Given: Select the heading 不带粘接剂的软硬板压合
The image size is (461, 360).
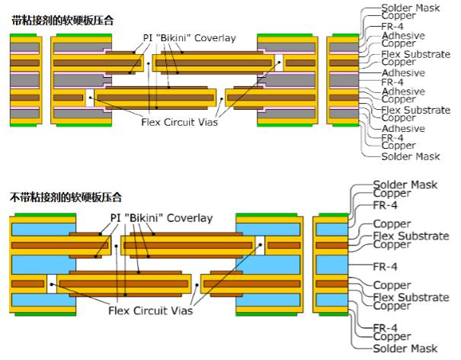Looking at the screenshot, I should tap(67, 197).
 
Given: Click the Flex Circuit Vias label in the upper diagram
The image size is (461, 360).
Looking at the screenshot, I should tap(178, 122).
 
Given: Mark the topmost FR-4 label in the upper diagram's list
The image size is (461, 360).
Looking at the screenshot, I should tap(393, 26).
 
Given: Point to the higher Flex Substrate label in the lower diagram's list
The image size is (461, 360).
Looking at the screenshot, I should tap(411, 236).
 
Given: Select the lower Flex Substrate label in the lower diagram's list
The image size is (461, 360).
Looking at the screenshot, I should tap(411, 297).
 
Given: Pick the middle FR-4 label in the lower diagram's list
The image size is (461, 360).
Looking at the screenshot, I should tap(386, 268).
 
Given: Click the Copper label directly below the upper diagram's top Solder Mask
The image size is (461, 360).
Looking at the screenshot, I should tap(398, 15).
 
